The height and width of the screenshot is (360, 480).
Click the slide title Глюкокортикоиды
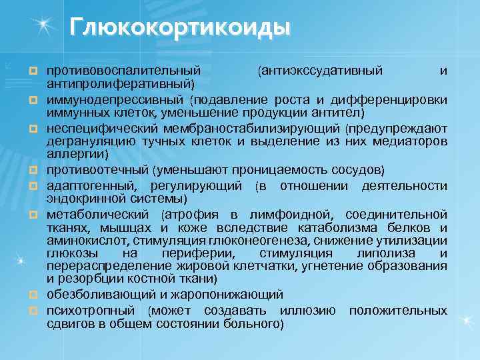pos(180,28)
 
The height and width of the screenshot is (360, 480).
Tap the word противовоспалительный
pos(123,69)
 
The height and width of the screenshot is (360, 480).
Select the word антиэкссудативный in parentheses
pos(321,69)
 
